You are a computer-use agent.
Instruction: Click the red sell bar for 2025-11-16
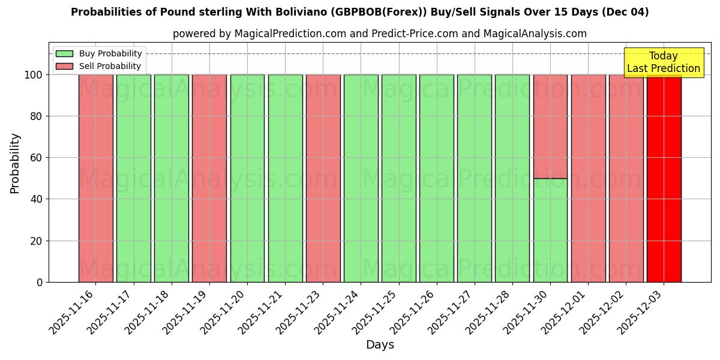96,178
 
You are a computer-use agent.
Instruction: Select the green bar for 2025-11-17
134,178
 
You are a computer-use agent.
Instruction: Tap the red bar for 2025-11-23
323,178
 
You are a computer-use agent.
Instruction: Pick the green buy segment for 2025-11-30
550,230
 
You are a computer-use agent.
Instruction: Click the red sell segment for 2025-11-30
550,127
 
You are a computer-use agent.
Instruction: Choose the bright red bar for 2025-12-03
664,178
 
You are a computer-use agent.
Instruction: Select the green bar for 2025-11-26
437,178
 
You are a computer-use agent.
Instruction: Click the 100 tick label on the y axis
32,75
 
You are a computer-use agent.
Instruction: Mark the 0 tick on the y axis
40,282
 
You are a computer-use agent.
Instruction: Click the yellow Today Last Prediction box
664,62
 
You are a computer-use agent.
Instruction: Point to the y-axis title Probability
15,163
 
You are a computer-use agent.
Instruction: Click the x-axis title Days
380,345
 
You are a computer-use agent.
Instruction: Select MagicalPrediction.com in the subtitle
290,34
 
